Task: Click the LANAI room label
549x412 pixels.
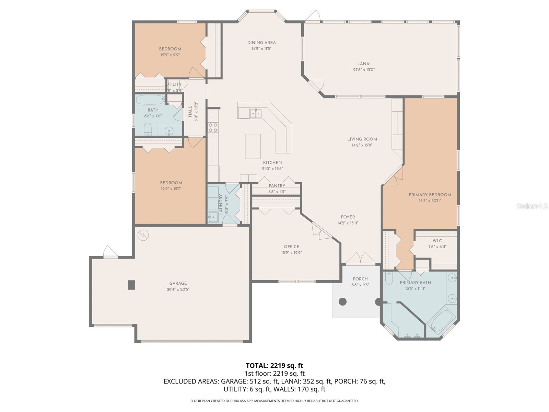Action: tap(364, 64)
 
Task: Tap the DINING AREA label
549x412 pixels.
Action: tap(261, 43)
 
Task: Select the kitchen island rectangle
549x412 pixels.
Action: tap(253, 146)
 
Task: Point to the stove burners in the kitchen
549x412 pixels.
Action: tap(213, 127)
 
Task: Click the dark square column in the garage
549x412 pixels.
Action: tap(131, 285)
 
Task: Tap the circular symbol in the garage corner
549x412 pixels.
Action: tap(143, 235)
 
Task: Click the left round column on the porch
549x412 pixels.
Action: tap(342, 302)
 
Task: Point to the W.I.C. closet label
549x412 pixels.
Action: tap(437, 241)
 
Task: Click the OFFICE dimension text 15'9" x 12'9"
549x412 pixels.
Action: tap(291, 253)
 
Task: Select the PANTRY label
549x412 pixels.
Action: tap(277, 186)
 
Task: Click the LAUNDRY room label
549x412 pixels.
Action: tap(221, 205)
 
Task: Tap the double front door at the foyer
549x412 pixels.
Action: tap(360, 259)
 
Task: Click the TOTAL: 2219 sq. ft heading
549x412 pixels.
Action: tap(274, 365)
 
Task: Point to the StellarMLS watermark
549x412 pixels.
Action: tap(532, 206)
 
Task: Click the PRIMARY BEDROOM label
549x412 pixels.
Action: tap(430, 195)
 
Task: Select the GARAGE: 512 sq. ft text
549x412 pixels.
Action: tap(249, 381)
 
